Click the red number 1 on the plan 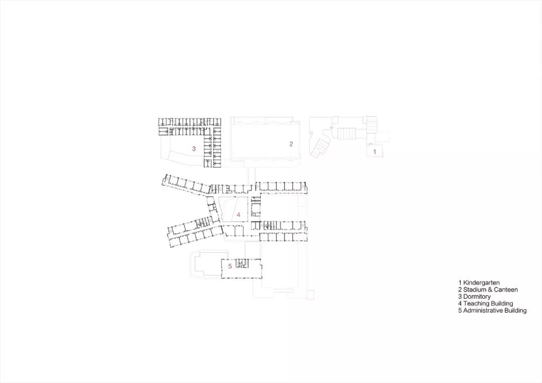374,150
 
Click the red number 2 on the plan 291,144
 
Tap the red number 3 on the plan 193,148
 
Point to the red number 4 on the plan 238,215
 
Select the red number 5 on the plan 230,266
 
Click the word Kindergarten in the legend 481,283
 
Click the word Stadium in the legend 475,290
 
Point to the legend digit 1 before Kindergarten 460,283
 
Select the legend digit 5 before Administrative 460,311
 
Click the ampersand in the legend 490,290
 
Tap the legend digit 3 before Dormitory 460,297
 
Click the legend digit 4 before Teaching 460,304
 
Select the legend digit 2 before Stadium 460,290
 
